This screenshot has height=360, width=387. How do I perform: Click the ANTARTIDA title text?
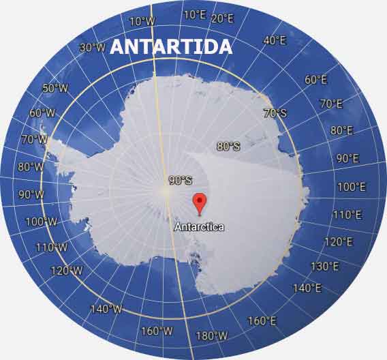click(x=170, y=46)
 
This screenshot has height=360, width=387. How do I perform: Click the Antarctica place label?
click(x=199, y=227)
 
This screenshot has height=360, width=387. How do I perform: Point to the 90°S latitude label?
click(x=181, y=181)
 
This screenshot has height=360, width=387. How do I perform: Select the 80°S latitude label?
click(x=228, y=146)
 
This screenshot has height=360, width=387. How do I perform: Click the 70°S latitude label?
click(x=275, y=113)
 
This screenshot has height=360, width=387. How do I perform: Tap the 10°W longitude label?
click(x=142, y=21)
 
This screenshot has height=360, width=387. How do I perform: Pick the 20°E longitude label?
click(x=222, y=18)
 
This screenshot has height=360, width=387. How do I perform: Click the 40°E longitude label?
click(x=275, y=40)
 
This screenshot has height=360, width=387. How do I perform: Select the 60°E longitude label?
click(x=315, y=80)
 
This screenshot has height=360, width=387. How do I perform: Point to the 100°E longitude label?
click(x=351, y=186)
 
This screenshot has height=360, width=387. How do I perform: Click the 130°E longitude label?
click(x=324, y=266)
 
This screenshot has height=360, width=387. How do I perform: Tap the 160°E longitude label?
click(x=262, y=320)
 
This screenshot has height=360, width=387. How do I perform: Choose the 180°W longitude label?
click(x=211, y=335)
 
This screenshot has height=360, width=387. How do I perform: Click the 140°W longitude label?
click(x=106, y=309)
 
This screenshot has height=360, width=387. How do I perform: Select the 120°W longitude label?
click(x=67, y=271)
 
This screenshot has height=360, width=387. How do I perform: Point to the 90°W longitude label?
click(x=31, y=194)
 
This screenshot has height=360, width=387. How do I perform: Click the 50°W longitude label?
click(x=55, y=88)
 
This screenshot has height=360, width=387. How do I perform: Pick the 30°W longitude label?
click(x=92, y=48)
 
